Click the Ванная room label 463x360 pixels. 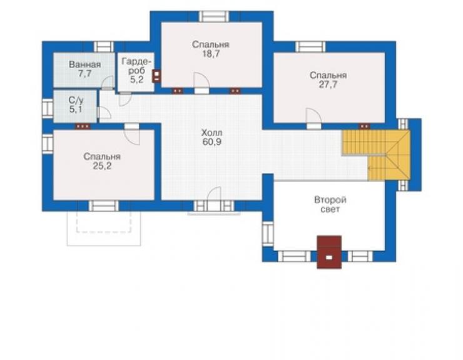84,64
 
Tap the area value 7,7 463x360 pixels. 84,74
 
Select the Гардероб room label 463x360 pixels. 137,66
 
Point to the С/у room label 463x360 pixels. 76,100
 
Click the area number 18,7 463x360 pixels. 210,54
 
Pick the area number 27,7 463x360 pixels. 328,85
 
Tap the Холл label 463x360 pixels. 211,132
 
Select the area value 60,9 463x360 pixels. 211,142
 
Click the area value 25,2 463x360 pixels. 102,166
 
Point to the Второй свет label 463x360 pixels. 330,205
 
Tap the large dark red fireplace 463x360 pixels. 329,252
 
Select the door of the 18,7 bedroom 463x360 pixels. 201,83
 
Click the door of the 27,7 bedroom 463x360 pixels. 313,119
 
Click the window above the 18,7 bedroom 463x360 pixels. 214,16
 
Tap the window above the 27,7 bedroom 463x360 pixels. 310,47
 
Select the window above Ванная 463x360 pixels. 104,47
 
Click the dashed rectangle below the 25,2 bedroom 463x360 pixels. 104,222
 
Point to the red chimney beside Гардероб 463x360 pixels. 157,75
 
